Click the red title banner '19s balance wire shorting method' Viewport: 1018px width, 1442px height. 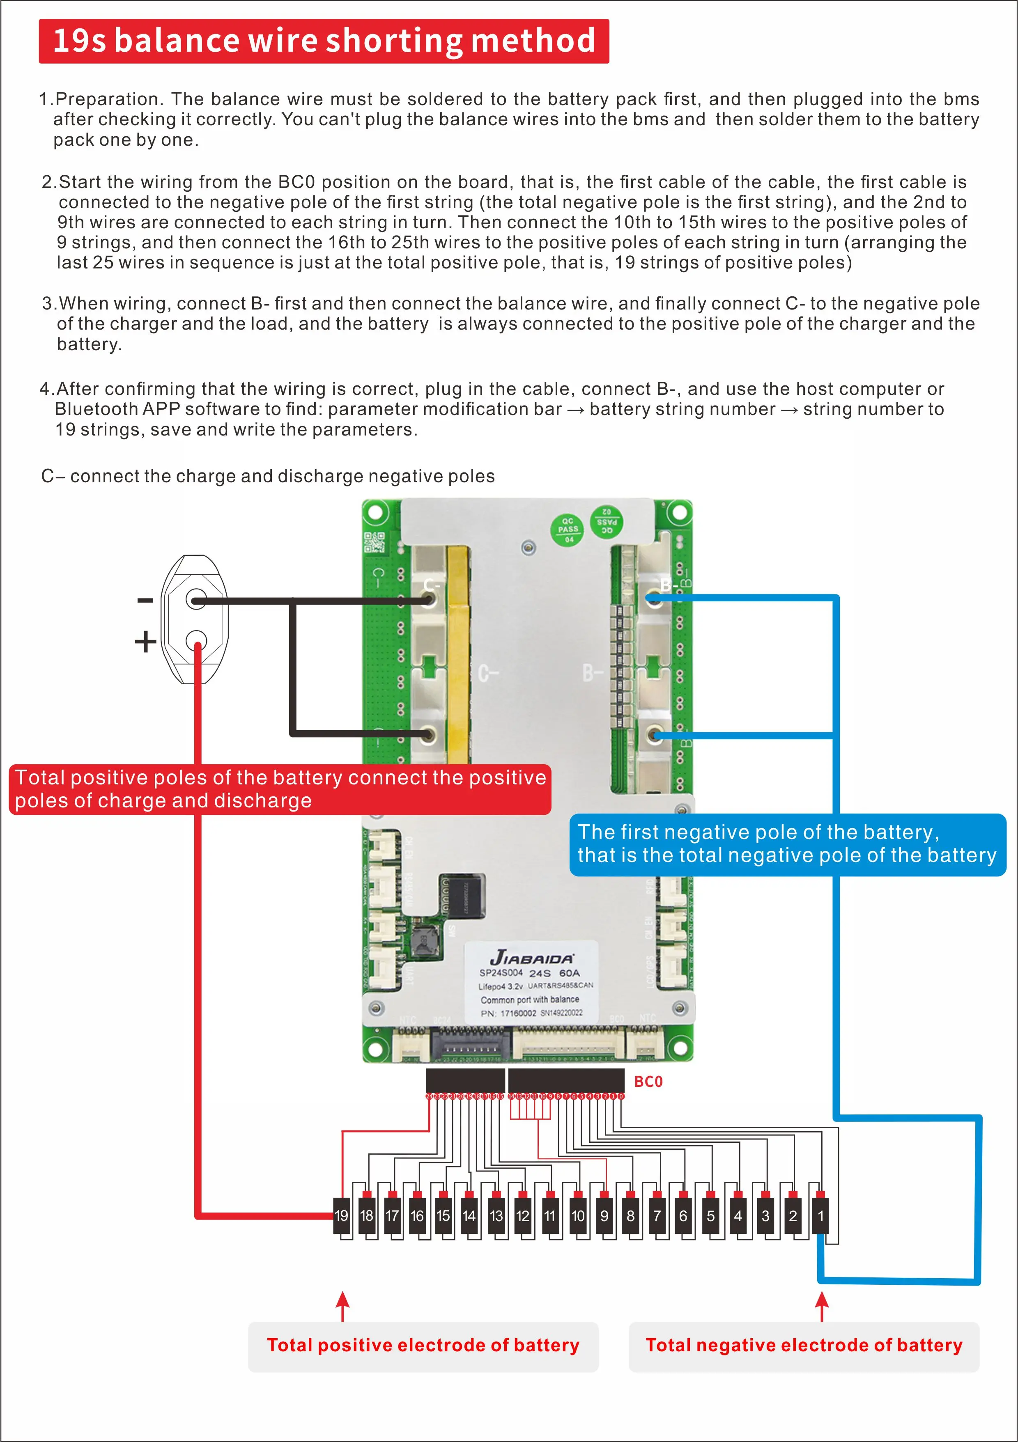click(x=324, y=41)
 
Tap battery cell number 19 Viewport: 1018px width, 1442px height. click(x=341, y=1215)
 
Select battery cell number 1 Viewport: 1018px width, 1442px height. click(x=820, y=1215)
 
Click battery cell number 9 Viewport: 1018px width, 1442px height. click(x=604, y=1215)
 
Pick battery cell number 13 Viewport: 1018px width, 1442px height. click(x=496, y=1215)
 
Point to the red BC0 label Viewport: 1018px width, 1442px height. click(x=648, y=1082)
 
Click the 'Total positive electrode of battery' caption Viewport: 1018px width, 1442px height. click(x=423, y=1345)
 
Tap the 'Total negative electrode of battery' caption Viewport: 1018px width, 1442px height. click(x=804, y=1345)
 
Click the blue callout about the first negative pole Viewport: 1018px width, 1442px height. click(x=787, y=844)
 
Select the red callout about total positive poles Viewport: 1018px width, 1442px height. click(x=280, y=789)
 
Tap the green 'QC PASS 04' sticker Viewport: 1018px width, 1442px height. click(x=568, y=530)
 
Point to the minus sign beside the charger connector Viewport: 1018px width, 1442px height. click(x=145, y=601)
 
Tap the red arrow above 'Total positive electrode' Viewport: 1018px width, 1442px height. click(x=342, y=1307)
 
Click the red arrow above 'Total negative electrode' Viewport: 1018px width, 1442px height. click(x=821, y=1307)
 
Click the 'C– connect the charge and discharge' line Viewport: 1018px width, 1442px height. click(x=268, y=476)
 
